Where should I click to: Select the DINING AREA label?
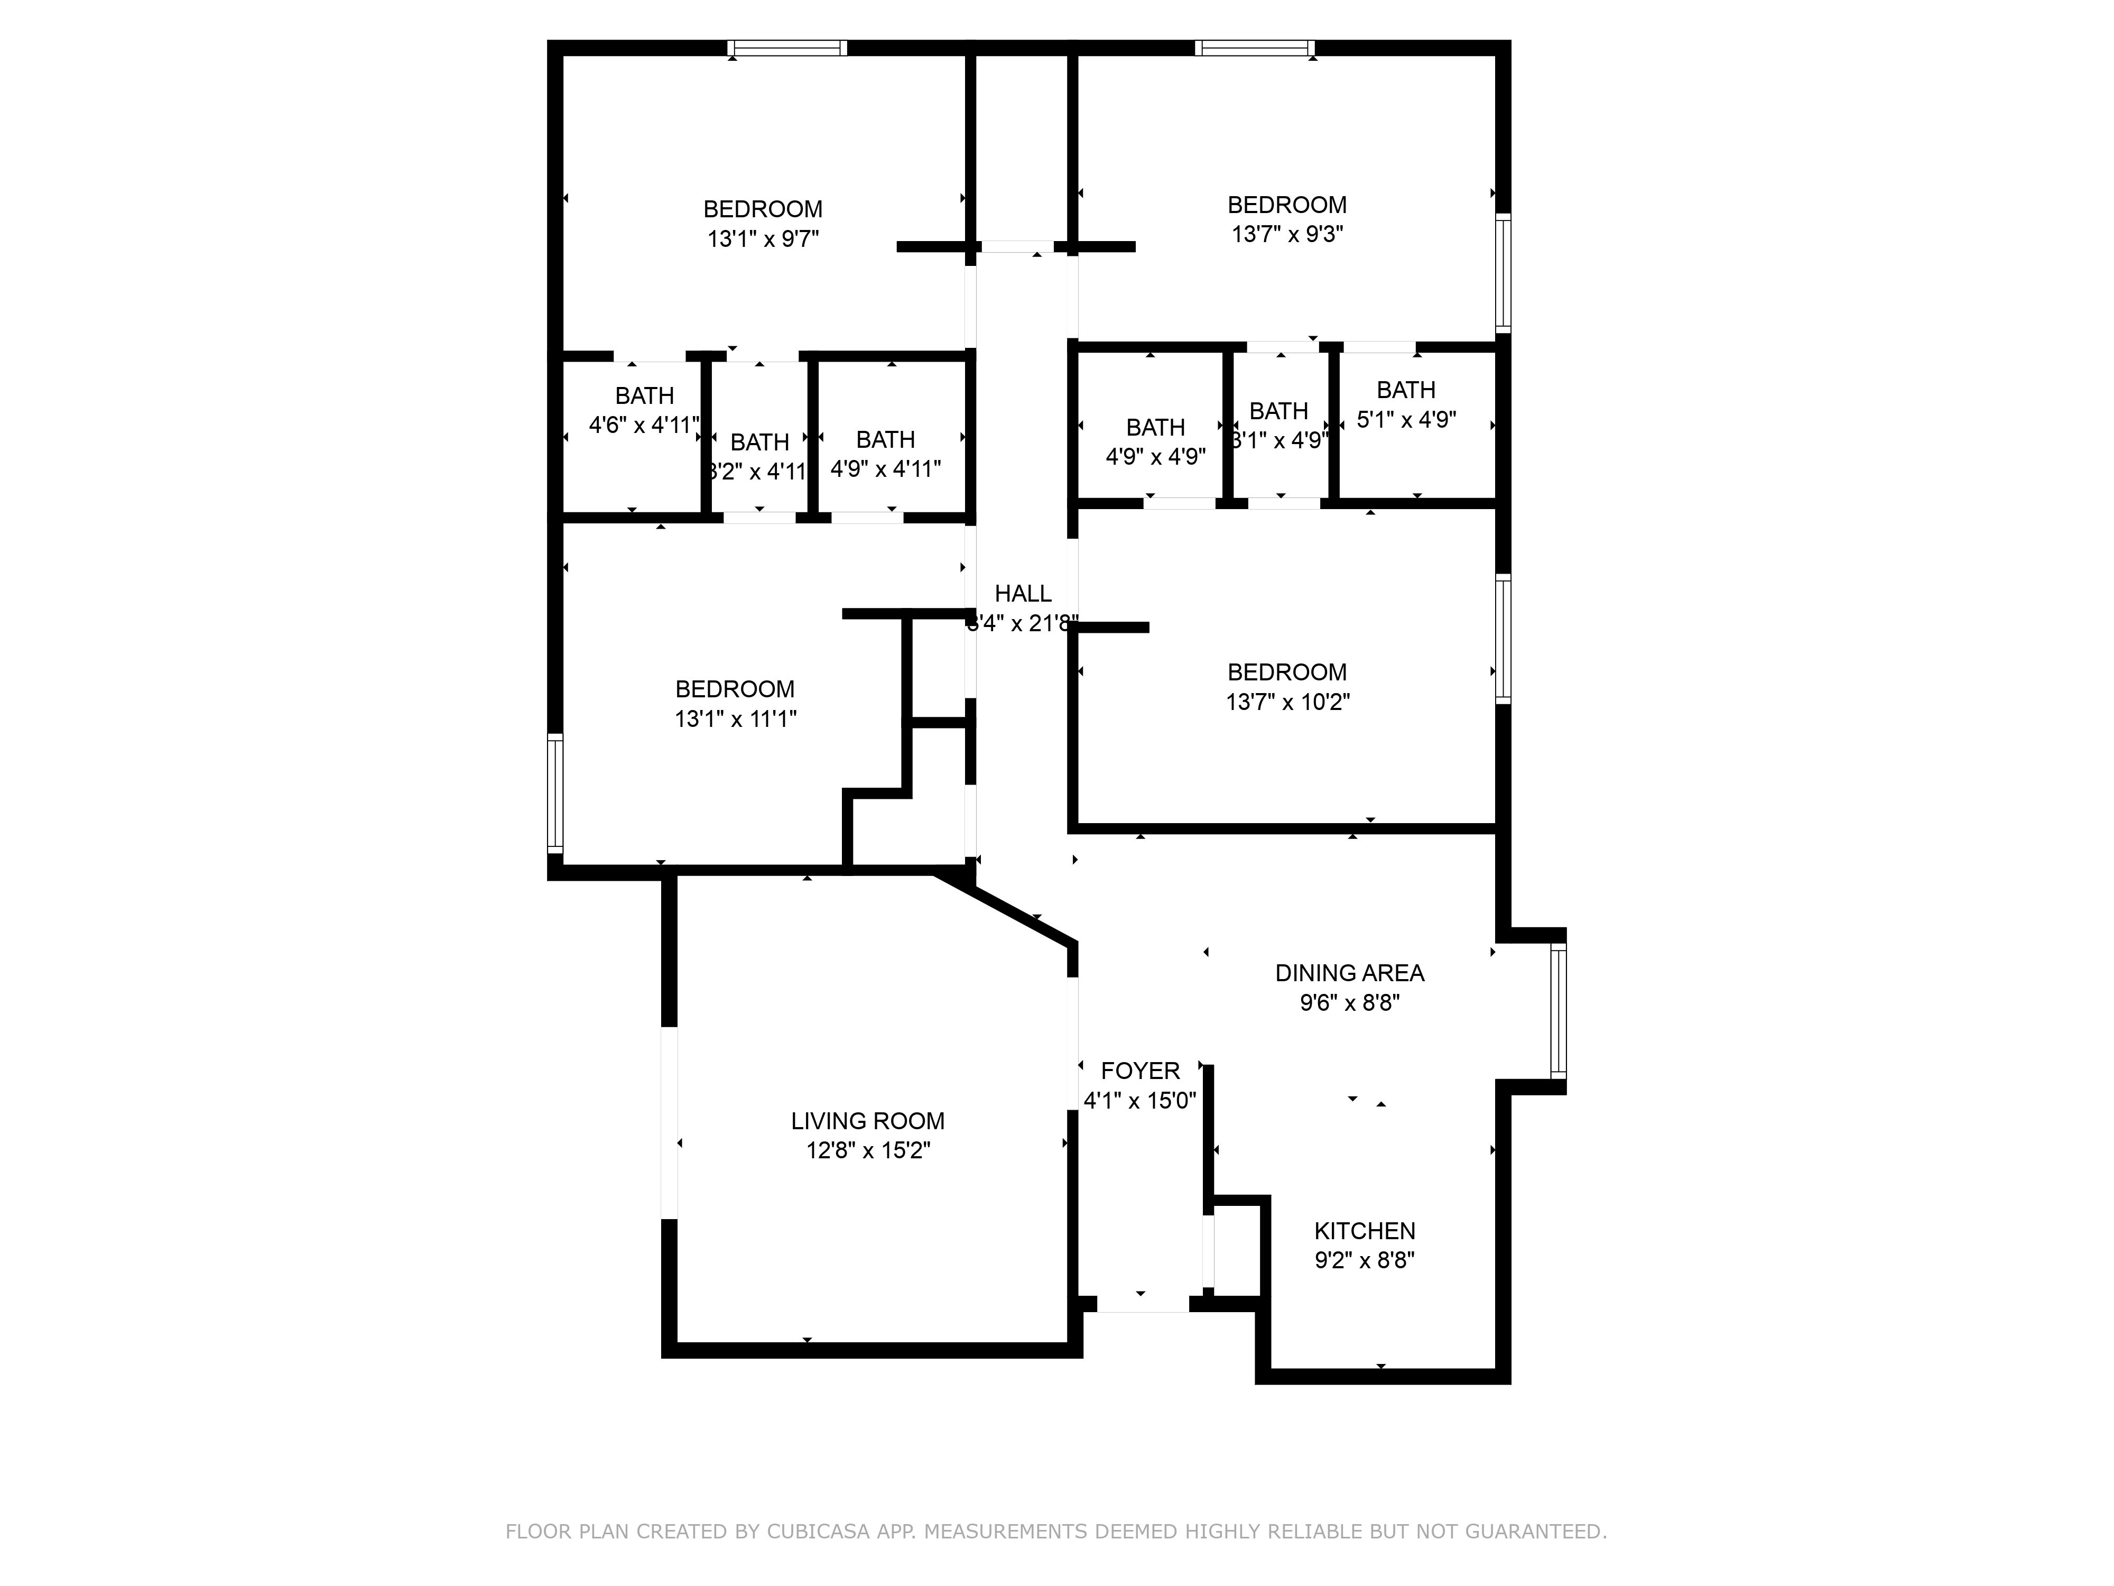1349,973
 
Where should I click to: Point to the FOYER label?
1140,1071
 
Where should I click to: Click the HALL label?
1023,594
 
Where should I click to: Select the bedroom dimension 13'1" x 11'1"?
735,719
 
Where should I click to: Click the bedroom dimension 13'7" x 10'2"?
1287,702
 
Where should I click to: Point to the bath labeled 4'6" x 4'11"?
644,425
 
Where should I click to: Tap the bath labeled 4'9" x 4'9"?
1155,456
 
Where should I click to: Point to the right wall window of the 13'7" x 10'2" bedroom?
1503,639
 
